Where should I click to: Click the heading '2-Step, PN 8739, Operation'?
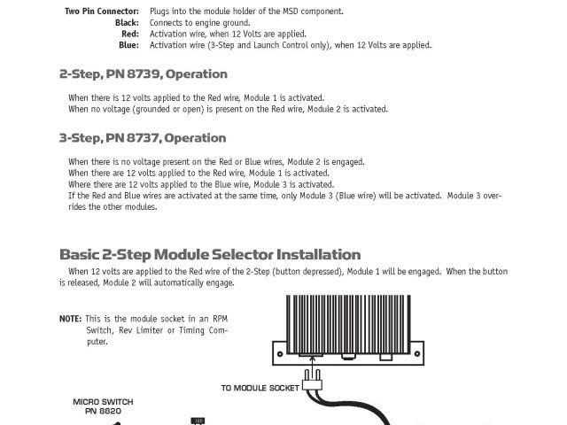[x=143, y=74]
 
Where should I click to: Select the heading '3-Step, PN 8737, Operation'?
[x=143, y=138]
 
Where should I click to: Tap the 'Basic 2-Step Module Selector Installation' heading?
[x=210, y=254]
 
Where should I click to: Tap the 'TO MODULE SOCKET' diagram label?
[x=259, y=388]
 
